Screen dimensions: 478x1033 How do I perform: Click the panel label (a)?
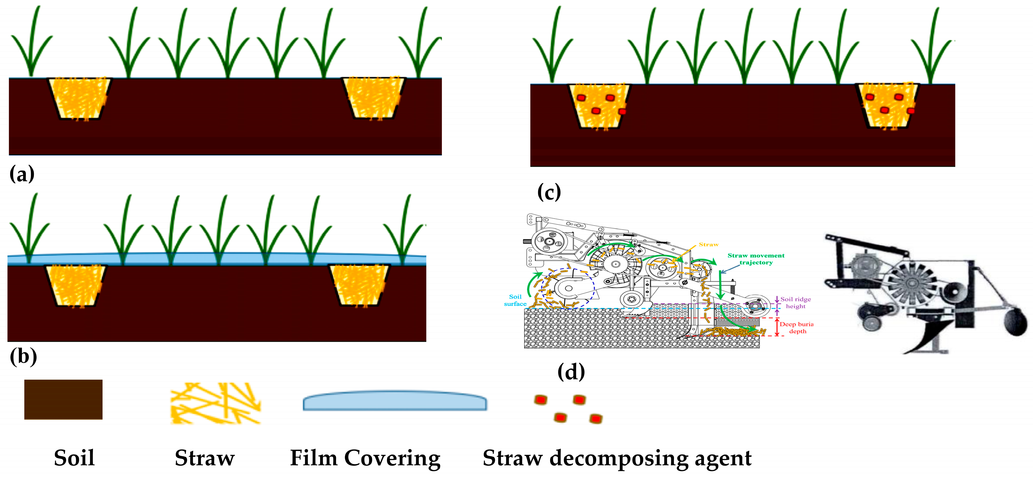pyautogui.click(x=22, y=174)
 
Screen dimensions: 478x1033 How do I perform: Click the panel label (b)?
pyautogui.click(x=23, y=356)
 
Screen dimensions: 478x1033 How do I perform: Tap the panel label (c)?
pyautogui.click(x=549, y=192)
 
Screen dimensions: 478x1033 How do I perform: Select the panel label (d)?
pyautogui.click(x=571, y=372)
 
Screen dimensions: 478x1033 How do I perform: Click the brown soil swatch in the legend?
pyautogui.click(x=63, y=399)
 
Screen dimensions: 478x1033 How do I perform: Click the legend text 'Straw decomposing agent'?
pyautogui.click(x=617, y=458)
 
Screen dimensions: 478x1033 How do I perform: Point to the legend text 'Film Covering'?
pyautogui.click(x=365, y=458)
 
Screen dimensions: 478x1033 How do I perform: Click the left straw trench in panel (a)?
pyautogui.click(x=79, y=98)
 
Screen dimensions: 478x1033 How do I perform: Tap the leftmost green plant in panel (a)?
pyautogui.click(x=31, y=44)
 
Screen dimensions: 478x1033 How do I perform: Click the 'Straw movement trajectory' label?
pyautogui.click(x=756, y=259)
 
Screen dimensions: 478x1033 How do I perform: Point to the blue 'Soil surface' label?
pyautogui.click(x=515, y=300)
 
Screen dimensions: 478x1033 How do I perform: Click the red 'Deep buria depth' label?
pyautogui.click(x=796, y=327)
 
